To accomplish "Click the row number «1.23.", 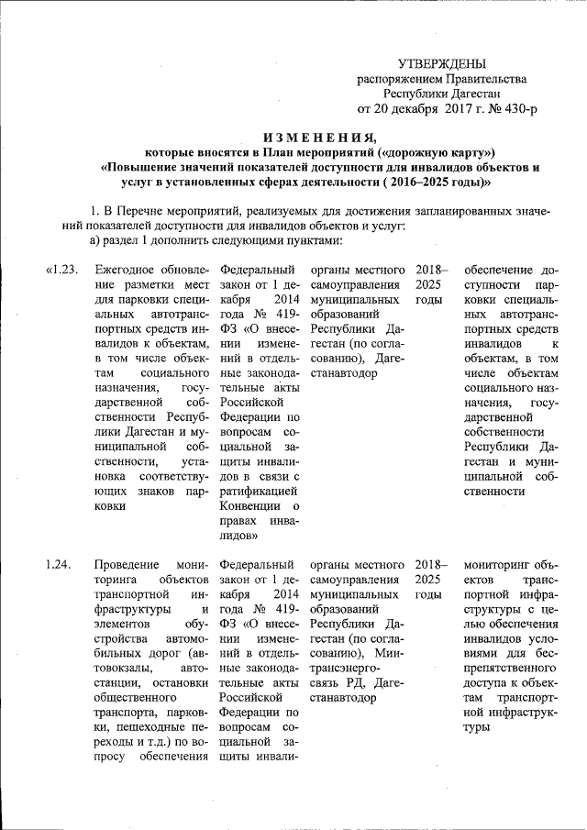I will (x=65, y=271).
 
